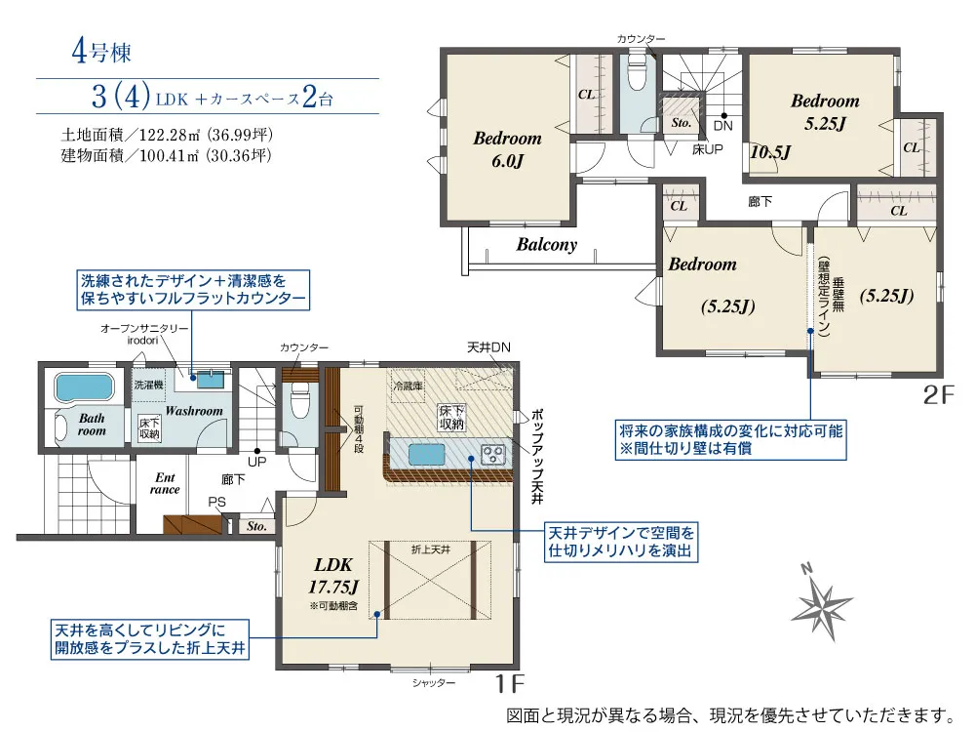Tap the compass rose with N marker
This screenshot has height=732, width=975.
pos(821,603)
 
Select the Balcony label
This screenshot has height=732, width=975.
pos(547,245)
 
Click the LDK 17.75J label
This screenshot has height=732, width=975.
pos(333,576)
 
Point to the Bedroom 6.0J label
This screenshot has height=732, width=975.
pos(507,149)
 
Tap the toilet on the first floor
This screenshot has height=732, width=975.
pos(299,401)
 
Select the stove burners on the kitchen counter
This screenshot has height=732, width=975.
pos(493,454)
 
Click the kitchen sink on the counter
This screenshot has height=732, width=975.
pos(427,455)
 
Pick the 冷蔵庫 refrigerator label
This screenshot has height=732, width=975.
pos(408,386)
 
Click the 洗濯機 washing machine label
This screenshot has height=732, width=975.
pos(148,385)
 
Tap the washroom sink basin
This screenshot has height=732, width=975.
pos(211,379)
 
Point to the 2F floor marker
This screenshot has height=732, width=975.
pos(938,394)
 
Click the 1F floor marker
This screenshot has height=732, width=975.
pos(509,683)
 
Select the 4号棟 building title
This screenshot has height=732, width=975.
pos(101,51)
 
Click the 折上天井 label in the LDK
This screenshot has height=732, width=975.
pos(431,549)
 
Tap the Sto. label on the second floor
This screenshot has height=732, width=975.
pos(682,123)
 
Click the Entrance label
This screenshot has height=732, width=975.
pos(165,484)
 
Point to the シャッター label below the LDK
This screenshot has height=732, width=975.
pos(434,683)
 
